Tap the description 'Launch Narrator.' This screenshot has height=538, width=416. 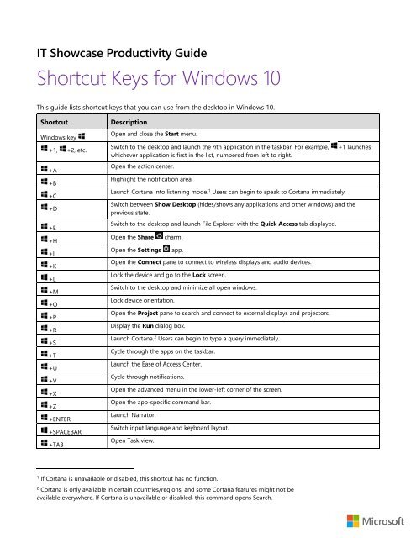138,414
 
